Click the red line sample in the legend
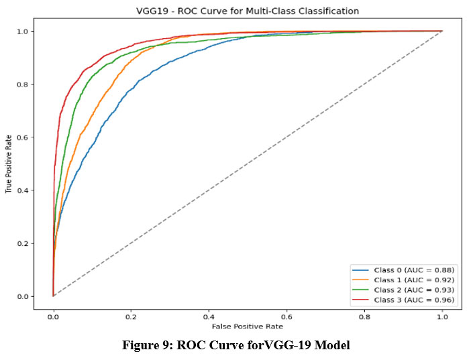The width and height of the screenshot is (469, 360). tap(360, 299)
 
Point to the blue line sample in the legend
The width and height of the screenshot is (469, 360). tap(360, 269)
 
